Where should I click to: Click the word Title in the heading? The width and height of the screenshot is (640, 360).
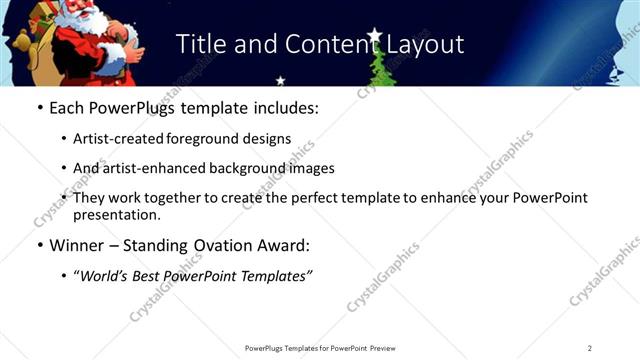(x=203, y=44)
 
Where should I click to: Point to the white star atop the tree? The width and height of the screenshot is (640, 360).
(x=375, y=37)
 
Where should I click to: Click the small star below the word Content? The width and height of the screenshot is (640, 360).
(x=280, y=79)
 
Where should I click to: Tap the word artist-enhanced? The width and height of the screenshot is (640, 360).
(x=151, y=168)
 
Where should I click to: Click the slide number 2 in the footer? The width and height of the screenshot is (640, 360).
(x=590, y=348)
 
